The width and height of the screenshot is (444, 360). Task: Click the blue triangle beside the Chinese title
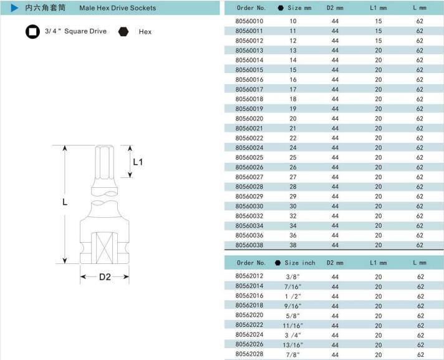(x=14, y=8)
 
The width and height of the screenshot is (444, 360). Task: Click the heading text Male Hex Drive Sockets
(x=117, y=8)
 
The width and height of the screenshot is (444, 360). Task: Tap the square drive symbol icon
(x=32, y=31)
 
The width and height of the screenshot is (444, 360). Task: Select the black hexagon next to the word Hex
(x=123, y=32)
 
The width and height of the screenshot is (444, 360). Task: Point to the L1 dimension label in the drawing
(x=138, y=162)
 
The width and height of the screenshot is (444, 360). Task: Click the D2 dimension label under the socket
(x=105, y=277)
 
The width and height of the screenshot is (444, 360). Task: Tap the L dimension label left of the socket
(x=65, y=202)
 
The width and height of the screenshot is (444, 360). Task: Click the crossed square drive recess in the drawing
(x=105, y=248)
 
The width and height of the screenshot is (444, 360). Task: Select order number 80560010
(x=249, y=21)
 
